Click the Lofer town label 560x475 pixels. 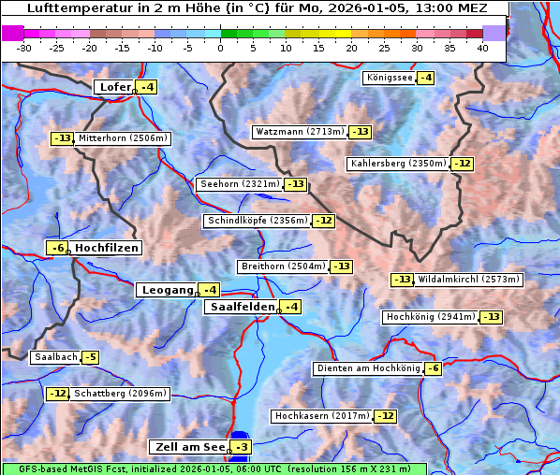point(114,87)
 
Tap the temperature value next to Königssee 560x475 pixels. point(425,78)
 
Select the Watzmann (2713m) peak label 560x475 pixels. point(300,132)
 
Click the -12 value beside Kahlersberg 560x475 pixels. point(462,164)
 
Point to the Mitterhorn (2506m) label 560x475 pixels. point(123,138)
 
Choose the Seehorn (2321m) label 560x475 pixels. point(240,184)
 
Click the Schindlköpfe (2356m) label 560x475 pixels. point(257,221)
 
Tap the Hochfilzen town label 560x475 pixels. point(107,248)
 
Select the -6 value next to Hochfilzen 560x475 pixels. point(58,248)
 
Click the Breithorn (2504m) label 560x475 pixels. point(282,266)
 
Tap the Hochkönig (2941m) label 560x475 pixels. point(431,317)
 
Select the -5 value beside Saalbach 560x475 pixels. point(90,357)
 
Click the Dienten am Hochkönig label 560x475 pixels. point(367,368)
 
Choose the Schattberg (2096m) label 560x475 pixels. point(120,394)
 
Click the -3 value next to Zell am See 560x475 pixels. point(242,447)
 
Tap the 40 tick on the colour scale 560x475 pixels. point(482,47)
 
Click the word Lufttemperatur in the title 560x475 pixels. point(71,7)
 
